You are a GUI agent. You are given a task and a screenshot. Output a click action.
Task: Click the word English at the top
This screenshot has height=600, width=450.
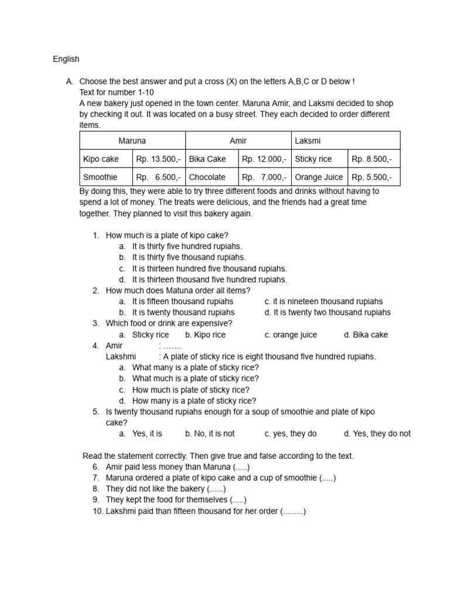(x=66, y=59)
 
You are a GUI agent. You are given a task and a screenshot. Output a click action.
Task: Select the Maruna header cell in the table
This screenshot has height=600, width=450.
(x=132, y=141)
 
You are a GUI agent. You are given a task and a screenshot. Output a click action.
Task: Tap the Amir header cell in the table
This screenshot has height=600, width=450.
(x=238, y=141)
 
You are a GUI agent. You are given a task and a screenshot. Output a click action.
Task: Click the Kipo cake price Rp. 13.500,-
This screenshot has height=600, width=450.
(x=159, y=159)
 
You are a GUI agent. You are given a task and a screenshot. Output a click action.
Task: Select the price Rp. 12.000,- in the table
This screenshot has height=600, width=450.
(x=264, y=159)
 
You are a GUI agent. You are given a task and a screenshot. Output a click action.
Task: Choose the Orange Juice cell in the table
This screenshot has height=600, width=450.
(x=319, y=177)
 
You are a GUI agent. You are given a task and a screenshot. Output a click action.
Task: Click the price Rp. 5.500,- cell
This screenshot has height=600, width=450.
(x=371, y=177)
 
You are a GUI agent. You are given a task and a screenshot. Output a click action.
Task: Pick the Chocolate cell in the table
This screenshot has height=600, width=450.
(x=207, y=177)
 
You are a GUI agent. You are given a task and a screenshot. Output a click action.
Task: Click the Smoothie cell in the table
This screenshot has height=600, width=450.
(x=100, y=177)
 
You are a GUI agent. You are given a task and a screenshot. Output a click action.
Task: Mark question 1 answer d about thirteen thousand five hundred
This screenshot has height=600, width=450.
(x=209, y=279)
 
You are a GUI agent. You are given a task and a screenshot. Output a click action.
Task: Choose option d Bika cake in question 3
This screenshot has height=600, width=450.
(x=366, y=335)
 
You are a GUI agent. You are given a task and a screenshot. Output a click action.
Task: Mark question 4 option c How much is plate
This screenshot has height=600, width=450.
(x=190, y=390)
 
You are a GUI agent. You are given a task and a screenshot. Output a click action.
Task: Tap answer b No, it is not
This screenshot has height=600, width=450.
(x=210, y=434)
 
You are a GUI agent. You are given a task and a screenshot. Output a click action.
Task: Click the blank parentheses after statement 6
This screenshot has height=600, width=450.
(x=241, y=467)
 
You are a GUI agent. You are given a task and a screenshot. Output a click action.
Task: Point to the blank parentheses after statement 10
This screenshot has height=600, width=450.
(x=293, y=512)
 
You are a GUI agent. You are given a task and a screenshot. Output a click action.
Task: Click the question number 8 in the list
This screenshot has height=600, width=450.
(x=96, y=489)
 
